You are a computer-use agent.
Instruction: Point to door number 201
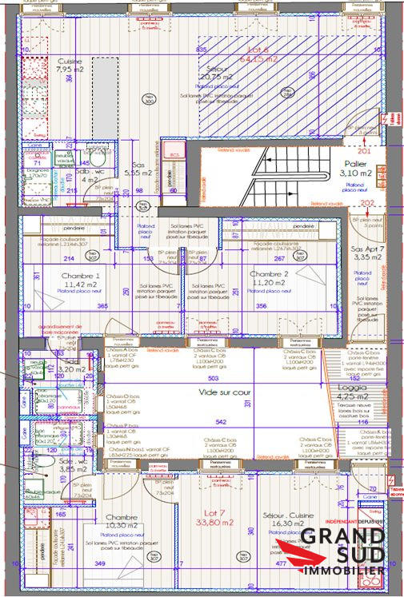coord(365,150)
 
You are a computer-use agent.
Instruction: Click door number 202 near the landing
coord(365,202)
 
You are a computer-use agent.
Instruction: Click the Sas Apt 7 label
coord(369,253)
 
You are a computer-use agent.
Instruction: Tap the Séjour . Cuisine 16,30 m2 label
coord(288,520)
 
